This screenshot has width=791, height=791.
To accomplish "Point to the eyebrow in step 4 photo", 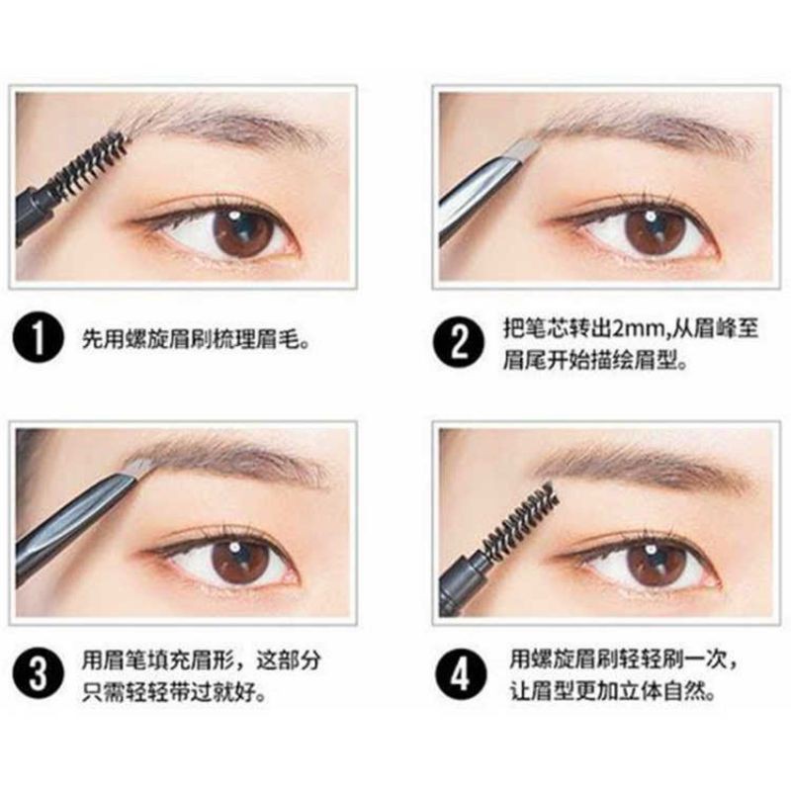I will pos(643,465).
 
